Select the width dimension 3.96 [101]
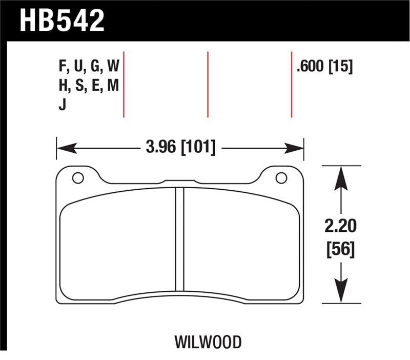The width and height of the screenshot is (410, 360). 180,148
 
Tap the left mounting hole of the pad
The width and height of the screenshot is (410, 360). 78,178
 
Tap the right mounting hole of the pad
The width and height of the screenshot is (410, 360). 280,178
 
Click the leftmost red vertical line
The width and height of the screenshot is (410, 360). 124,85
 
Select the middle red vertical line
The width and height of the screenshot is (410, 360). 208,85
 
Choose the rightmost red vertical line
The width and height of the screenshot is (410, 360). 292,85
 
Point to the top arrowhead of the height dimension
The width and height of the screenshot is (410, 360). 341,174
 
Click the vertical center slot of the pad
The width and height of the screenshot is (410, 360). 179,238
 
